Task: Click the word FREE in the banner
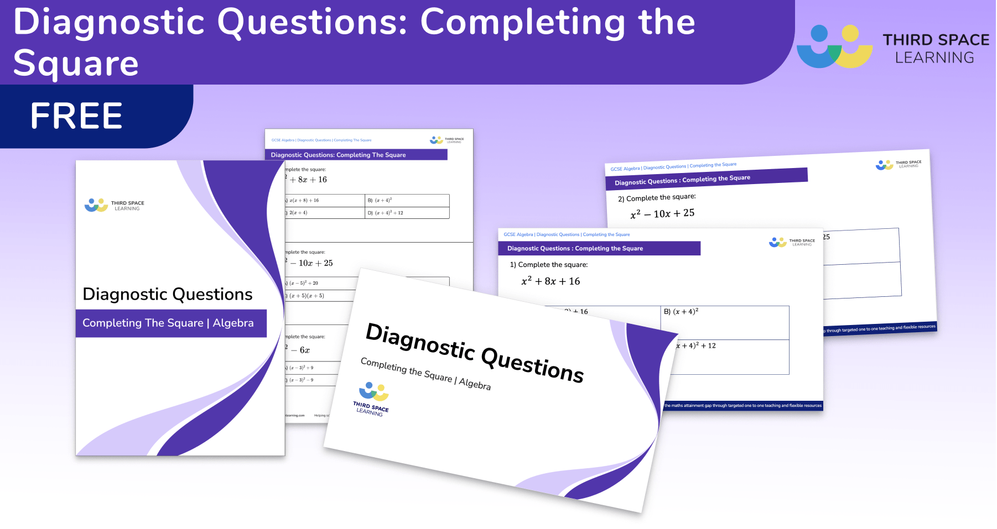click(x=76, y=116)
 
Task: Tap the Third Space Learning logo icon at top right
click(x=834, y=46)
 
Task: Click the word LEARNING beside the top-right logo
click(x=934, y=57)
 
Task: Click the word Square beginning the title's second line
click(x=76, y=63)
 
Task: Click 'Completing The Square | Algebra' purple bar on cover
click(x=168, y=323)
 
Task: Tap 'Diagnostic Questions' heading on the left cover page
click(x=167, y=294)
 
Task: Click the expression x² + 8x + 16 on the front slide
click(x=551, y=281)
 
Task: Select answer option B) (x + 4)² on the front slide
click(x=681, y=312)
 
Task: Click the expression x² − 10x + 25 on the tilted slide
click(x=662, y=213)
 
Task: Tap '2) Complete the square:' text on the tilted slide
click(x=657, y=197)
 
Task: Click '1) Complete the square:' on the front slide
click(x=548, y=265)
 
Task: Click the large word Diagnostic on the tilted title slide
click(x=420, y=339)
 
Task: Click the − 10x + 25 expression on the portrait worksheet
click(x=311, y=263)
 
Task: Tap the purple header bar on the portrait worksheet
click(x=356, y=155)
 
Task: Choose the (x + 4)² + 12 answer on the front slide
click(x=695, y=345)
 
